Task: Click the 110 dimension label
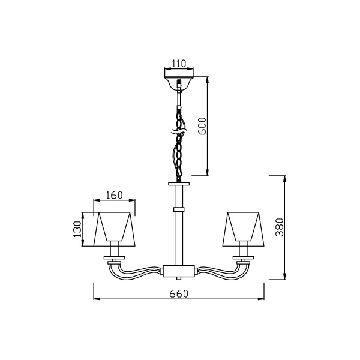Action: click(179, 64)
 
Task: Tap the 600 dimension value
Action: click(203, 126)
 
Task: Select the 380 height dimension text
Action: click(280, 227)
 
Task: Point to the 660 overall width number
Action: click(179, 293)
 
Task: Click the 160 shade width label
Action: click(114, 195)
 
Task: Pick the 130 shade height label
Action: click(77, 229)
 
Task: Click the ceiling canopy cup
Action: click(179, 83)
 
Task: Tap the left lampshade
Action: click(115, 229)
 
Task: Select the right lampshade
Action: click(244, 229)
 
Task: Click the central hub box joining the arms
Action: click(179, 271)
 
